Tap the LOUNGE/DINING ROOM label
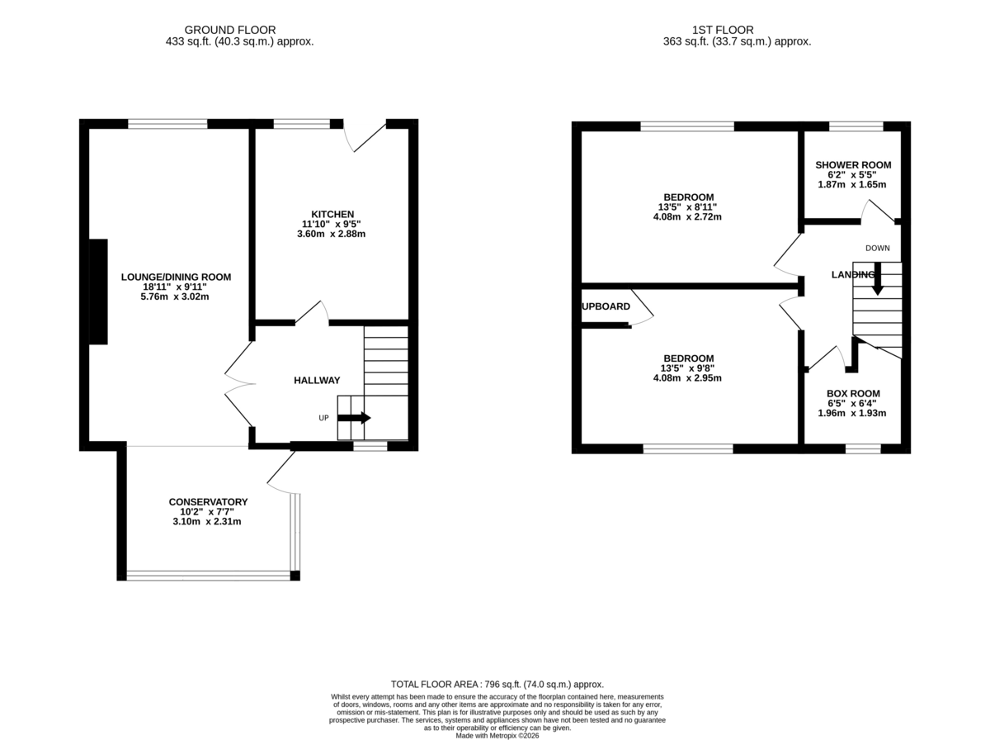176,277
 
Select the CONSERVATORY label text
208,501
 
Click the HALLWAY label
317,380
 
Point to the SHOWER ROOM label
853,165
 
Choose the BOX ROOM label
853,393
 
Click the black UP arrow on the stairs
354,418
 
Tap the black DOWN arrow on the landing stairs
877,279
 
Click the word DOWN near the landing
877,248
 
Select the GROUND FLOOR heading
229,30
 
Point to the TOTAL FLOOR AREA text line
497,684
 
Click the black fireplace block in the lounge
98,292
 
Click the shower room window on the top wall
856,126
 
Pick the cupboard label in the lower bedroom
606,306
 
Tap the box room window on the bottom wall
863,448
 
